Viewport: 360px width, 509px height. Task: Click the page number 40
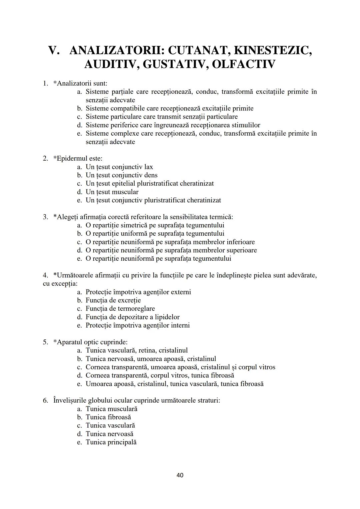point(180,475)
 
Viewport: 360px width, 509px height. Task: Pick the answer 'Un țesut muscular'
point(112,192)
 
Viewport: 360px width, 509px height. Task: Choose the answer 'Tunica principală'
point(111,442)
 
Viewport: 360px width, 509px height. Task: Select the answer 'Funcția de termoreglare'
point(120,309)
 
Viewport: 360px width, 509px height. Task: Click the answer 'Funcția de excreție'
point(113,300)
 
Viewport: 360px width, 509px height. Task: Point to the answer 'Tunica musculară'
point(111,409)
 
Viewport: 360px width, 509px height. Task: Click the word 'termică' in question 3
point(221,217)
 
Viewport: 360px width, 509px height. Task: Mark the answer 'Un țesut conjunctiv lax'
point(119,167)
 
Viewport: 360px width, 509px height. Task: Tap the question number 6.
point(46,400)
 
